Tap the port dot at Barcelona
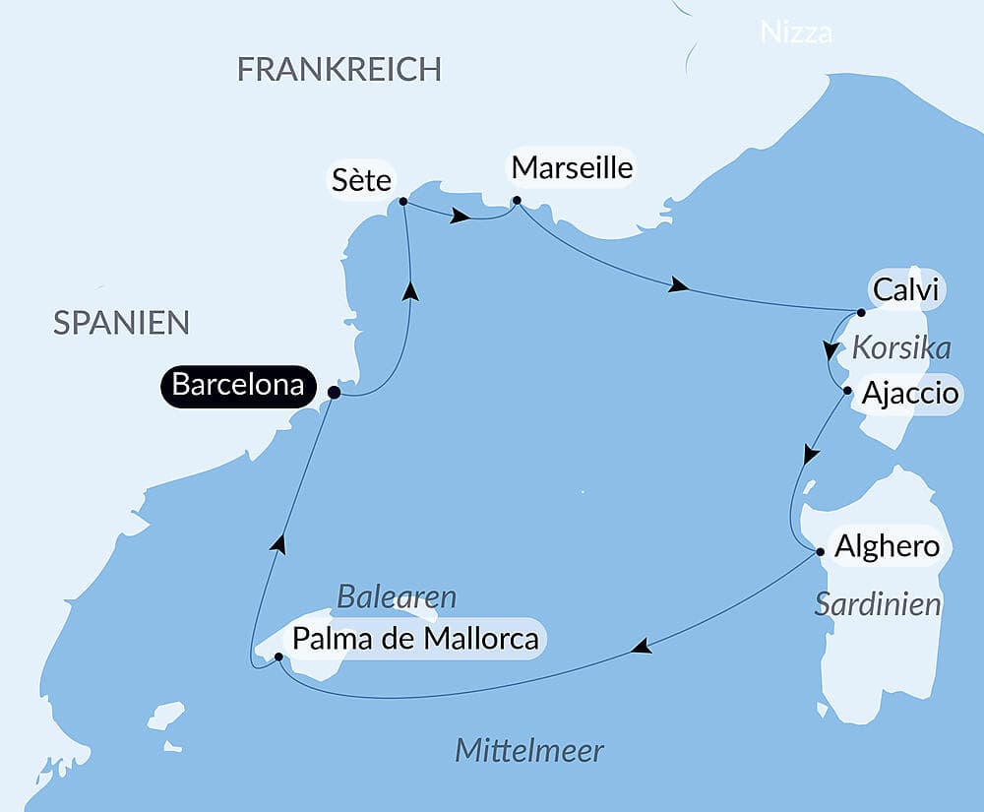(x=334, y=392)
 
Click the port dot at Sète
(x=403, y=202)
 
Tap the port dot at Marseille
(x=517, y=202)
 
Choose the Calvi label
(x=904, y=290)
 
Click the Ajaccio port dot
(x=847, y=391)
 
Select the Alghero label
(x=887, y=546)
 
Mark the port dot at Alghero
(x=820, y=551)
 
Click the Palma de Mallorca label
(x=415, y=639)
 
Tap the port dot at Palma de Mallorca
(x=278, y=656)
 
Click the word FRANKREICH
(x=339, y=70)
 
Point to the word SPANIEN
(x=121, y=323)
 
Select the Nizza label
(x=796, y=32)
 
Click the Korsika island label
(x=901, y=348)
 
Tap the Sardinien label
(x=878, y=604)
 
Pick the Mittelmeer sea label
(x=529, y=752)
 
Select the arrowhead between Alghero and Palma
(x=641, y=647)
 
